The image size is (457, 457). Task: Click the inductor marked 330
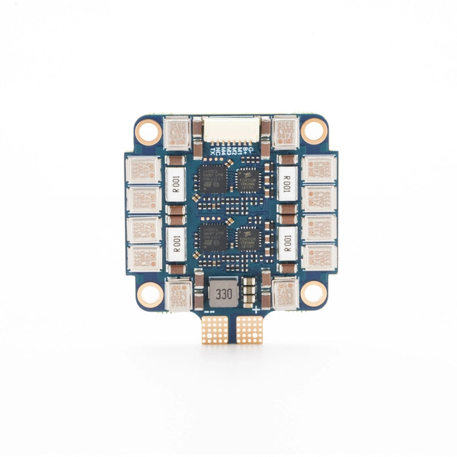(x=219, y=294)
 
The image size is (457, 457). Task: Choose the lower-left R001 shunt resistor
(x=175, y=243)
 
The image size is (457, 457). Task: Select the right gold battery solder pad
(x=249, y=330)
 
